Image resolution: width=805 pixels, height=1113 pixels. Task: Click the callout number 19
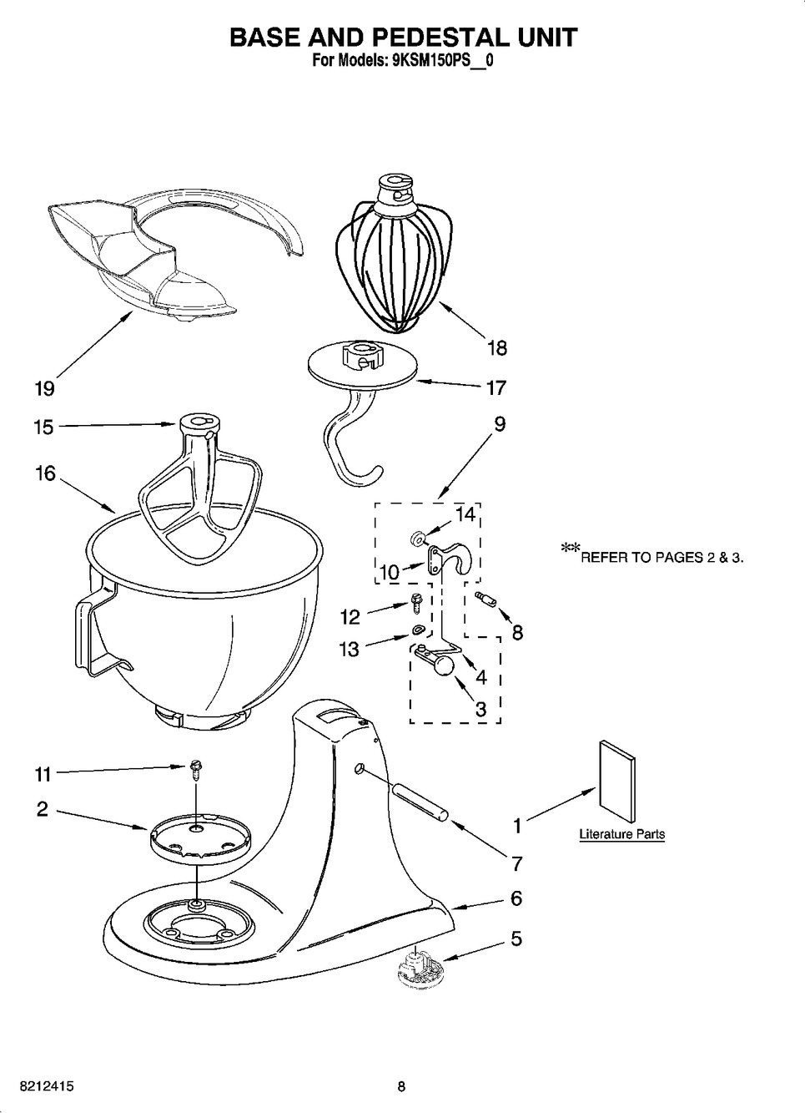tap(45, 388)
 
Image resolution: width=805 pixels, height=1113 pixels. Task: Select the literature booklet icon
tap(617, 782)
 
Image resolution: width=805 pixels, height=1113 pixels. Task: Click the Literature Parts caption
tap(621, 834)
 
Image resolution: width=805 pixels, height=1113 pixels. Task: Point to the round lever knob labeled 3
tap(444, 665)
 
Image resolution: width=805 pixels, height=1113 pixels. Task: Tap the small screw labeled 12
tap(415, 605)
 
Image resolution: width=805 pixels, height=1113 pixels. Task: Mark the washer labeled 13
tap(416, 630)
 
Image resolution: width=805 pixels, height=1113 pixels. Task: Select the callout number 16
tap(44, 473)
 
